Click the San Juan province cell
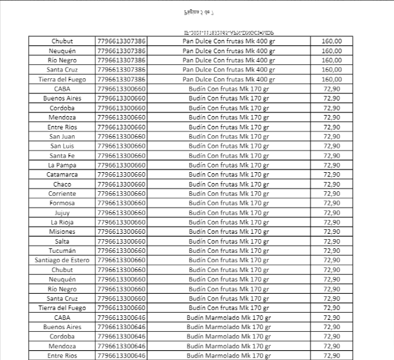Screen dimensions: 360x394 62,137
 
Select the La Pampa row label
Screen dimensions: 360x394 62,165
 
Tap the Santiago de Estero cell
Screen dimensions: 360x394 62,260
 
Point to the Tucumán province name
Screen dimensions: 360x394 62,251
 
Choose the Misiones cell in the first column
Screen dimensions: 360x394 62,232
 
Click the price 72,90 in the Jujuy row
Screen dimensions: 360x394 332,213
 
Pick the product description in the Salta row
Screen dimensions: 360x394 229,241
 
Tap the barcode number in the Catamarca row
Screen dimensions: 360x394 121,175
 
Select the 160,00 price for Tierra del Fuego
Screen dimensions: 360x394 332,79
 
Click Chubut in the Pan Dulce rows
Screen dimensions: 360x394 62,41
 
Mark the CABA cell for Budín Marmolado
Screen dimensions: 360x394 62,317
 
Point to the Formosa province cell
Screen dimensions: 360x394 62,203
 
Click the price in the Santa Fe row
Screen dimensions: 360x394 332,156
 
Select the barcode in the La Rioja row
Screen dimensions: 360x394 121,222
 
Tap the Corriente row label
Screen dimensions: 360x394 62,194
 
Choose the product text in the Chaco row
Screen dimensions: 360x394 229,184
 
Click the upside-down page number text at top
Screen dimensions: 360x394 196,12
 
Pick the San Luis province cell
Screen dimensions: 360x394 62,146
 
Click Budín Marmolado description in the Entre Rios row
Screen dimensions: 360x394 229,355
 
